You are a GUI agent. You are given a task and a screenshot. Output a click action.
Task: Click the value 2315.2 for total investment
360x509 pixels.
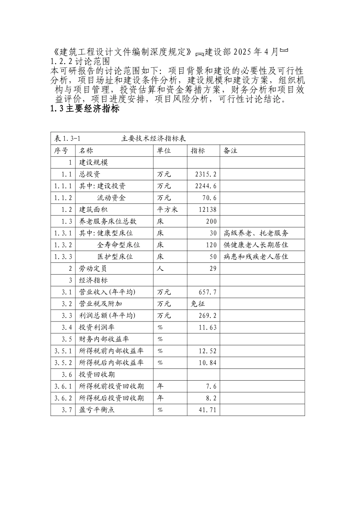tap(206, 174)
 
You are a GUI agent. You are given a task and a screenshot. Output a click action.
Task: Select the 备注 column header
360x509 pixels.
tap(230, 151)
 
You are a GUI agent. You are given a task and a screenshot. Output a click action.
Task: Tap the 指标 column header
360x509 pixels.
tap(198, 151)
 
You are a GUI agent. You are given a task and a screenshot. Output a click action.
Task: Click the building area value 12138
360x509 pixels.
tap(208, 209)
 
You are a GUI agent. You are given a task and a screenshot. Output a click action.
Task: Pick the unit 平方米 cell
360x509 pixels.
tap(167, 209)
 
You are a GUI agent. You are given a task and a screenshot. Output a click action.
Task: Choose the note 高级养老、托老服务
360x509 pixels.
tap(256, 233)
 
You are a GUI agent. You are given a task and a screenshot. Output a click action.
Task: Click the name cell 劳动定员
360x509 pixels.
tap(93, 269)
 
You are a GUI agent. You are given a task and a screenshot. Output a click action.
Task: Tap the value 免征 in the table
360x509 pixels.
tap(198, 304)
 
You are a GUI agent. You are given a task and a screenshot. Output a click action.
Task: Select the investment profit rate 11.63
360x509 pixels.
tap(208, 327)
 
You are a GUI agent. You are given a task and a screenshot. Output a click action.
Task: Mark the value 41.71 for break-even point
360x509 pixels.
tap(208, 410)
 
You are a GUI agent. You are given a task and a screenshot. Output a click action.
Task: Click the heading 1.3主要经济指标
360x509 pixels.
tap(85, 109)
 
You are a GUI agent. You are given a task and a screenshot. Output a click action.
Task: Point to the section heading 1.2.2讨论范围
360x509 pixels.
tap(80, 61)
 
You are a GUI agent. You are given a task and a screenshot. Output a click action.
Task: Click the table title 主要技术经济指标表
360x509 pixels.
tap(153, 139)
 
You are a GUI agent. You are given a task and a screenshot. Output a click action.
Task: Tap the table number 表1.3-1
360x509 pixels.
tap(67, 139)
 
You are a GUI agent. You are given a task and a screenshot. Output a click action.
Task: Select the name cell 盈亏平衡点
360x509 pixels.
tap(97, 410)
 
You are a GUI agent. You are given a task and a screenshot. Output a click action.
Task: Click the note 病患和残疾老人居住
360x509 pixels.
tap(256, 257)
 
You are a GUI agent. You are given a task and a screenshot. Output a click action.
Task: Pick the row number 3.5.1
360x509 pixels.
tap(63, 351)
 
